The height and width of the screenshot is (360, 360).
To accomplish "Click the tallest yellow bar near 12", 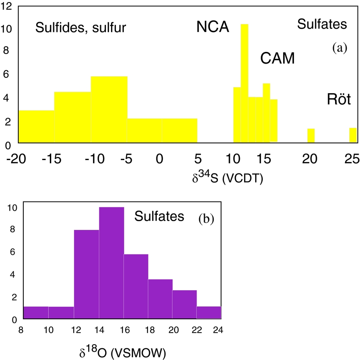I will [x=244, y=83].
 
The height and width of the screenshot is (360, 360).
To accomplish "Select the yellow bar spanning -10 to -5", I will [x=109, y=110].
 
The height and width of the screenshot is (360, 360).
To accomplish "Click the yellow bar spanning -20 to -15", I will [x=36, y=126].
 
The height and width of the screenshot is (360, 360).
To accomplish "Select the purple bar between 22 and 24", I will [x=209, y=313].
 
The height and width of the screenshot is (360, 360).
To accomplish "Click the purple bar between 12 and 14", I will [x=86, y=274].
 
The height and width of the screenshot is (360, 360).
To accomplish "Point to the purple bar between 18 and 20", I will [x=160, y=299].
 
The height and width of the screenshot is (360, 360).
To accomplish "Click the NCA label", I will [x=212, y=27].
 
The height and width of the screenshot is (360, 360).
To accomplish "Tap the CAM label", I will [x=277, y=59].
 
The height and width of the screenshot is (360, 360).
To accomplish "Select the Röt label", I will [x=338, y=100].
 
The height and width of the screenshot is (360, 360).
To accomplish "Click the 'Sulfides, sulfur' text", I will [x=81, y=28].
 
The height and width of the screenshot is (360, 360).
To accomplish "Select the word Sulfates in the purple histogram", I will [x=159, y=216].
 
